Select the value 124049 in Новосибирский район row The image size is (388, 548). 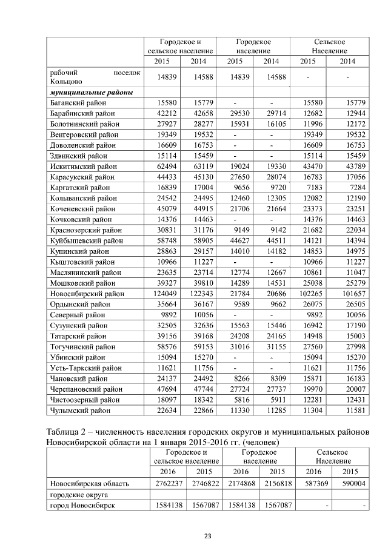162,294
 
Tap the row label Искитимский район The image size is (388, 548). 82,166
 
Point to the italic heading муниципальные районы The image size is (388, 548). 91,93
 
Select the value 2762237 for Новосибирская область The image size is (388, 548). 168,484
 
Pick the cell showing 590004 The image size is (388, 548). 353,484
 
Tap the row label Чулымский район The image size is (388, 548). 79,410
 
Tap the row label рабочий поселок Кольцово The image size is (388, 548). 95,77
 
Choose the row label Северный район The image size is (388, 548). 76,315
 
